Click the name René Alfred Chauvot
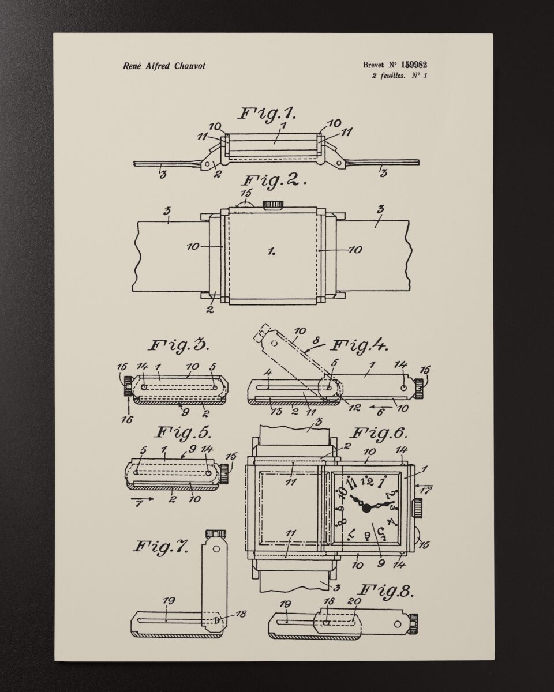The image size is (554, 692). click(x=164, y=66)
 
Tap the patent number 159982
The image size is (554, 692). click(x=414, y=65)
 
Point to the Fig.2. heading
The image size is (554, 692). click(x=274, y=180)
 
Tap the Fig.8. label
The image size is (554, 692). click(x=385, y=590)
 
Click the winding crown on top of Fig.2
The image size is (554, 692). click(x=274, y=205)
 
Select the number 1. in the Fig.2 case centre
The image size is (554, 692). click(x=271, y=252)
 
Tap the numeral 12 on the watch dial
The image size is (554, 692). click(x=366, y=482)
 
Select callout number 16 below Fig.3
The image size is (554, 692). click(x=128, y=420)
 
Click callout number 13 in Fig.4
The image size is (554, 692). click(x=276, y=411)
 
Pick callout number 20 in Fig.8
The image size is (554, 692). click(x=354, y=601)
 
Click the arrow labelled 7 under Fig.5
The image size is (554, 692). click(x=142, y=499)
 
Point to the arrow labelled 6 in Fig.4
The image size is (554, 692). click(x=381, y=407)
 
